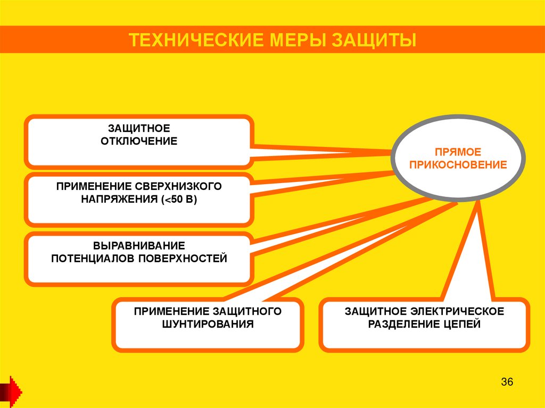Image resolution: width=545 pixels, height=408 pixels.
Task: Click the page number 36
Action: [507, 382]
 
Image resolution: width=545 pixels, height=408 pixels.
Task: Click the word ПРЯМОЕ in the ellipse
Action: [458, 152]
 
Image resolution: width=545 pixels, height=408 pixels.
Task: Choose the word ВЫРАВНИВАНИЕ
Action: [139, 246]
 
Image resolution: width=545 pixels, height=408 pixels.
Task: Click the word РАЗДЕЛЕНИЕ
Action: [404, 323]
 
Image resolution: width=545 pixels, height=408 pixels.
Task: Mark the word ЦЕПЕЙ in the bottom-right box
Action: [462, 323]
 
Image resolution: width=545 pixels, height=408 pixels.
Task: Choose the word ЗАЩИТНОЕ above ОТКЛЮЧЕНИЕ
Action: [139, 129]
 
